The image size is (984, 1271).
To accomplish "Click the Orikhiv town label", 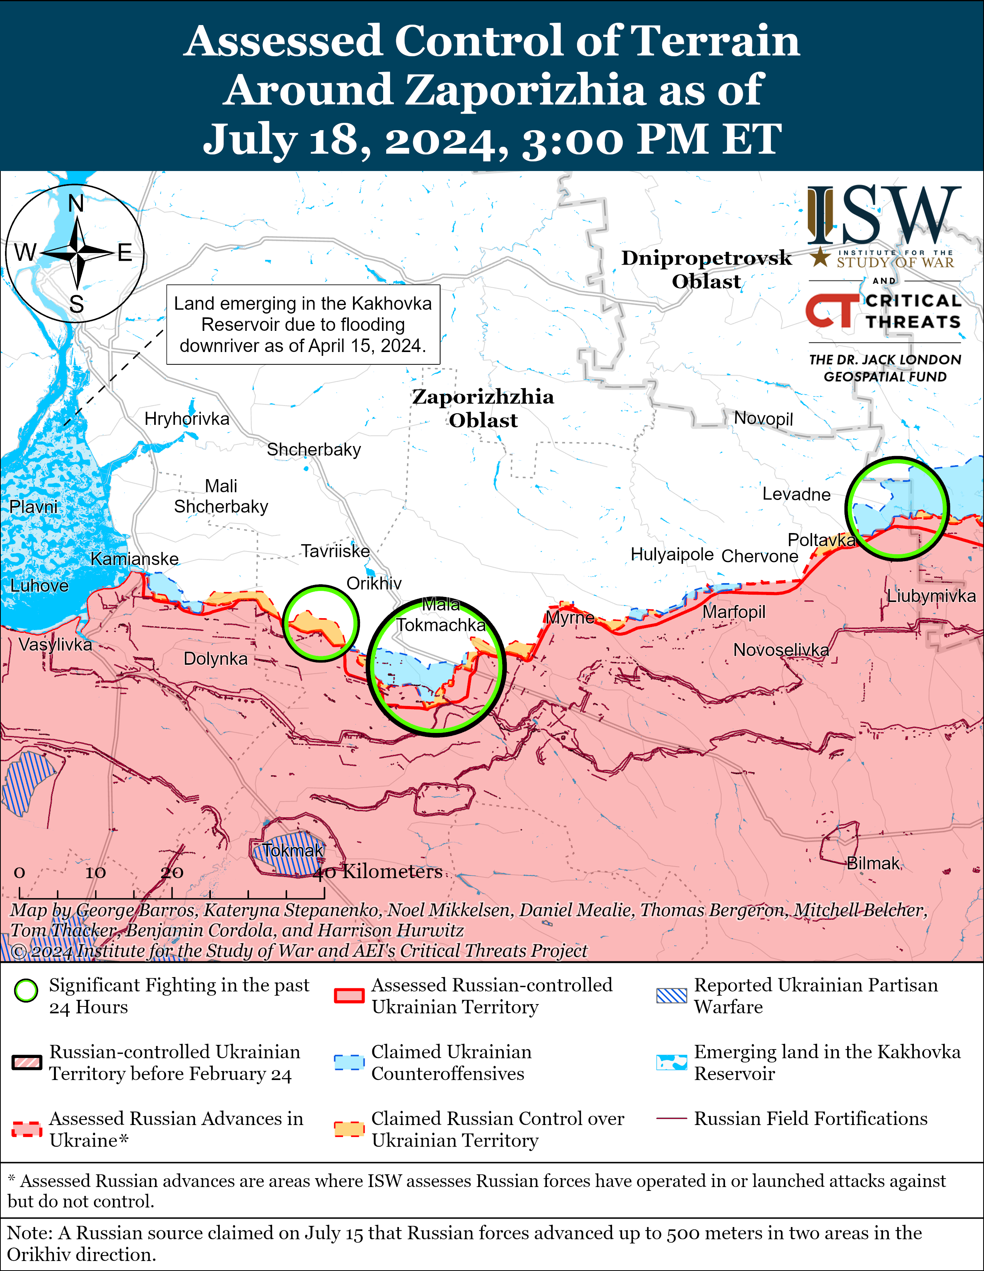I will (x=374, y=583).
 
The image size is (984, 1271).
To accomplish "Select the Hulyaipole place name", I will (x=672, y=554).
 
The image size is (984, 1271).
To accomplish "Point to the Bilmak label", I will (x=873, y=863).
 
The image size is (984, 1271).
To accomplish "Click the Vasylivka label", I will (x=56, y=644).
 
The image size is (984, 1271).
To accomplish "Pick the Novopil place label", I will (x=763, y=418).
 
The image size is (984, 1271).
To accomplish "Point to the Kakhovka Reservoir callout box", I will (x=303, y=325).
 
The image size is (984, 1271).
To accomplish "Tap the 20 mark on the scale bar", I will (x=172, y=872).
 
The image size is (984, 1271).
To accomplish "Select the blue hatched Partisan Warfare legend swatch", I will (x=671, y=996).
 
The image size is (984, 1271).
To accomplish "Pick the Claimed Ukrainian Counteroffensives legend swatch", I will (x=349, y=1062).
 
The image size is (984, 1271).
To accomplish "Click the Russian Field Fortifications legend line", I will (x=671, y=1118).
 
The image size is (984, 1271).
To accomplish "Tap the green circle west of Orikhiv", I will (x=321, y=623).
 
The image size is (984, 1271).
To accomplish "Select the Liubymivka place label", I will (x=931, y=596).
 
